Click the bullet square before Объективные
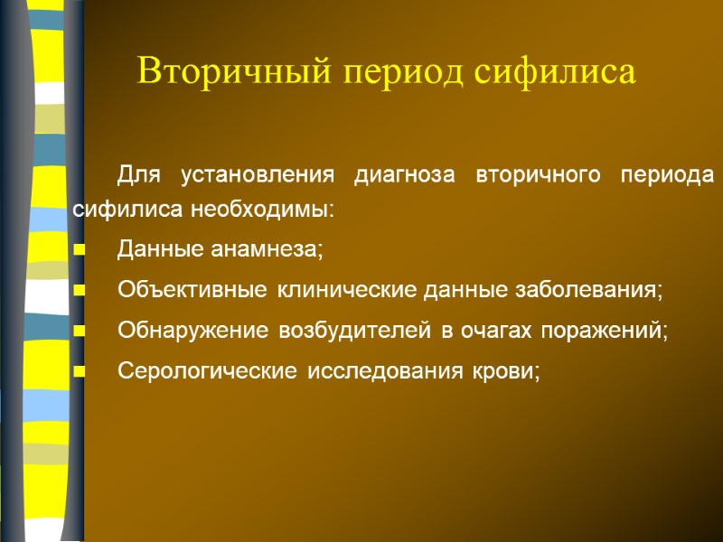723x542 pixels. pos(80,292)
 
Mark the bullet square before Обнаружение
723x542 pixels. pos(80,332)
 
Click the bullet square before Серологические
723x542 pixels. pos(80,372)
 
